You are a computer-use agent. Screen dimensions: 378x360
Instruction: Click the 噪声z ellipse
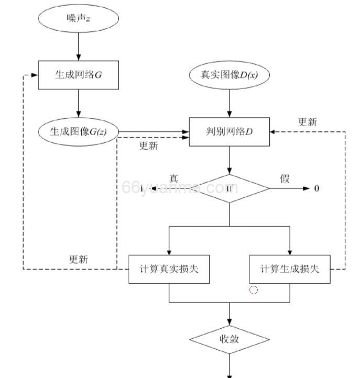click(79, 18)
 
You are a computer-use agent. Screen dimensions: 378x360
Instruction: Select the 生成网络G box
click(79, 75)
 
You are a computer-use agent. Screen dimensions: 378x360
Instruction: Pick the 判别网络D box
click(229, 131)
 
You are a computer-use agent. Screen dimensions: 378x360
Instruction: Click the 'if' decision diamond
click(229, 188)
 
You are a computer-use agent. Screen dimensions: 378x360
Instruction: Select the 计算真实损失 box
click(169, 269)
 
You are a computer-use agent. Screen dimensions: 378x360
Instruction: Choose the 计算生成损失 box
click(289, 269)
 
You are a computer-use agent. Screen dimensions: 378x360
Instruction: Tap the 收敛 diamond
click(229, 339)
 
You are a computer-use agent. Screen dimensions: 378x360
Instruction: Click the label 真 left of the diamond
click(174, 179)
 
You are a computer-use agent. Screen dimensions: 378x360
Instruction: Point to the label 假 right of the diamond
click(285, 179)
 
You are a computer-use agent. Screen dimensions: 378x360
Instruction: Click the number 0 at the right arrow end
click(317, 188)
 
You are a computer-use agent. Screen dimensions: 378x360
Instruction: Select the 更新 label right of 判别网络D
click(308, 122)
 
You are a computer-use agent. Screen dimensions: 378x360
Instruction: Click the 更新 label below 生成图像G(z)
click(148, 146)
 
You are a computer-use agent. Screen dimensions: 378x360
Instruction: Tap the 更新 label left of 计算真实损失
click(79, 259)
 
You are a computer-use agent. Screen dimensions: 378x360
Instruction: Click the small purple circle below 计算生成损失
click(254, 290)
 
